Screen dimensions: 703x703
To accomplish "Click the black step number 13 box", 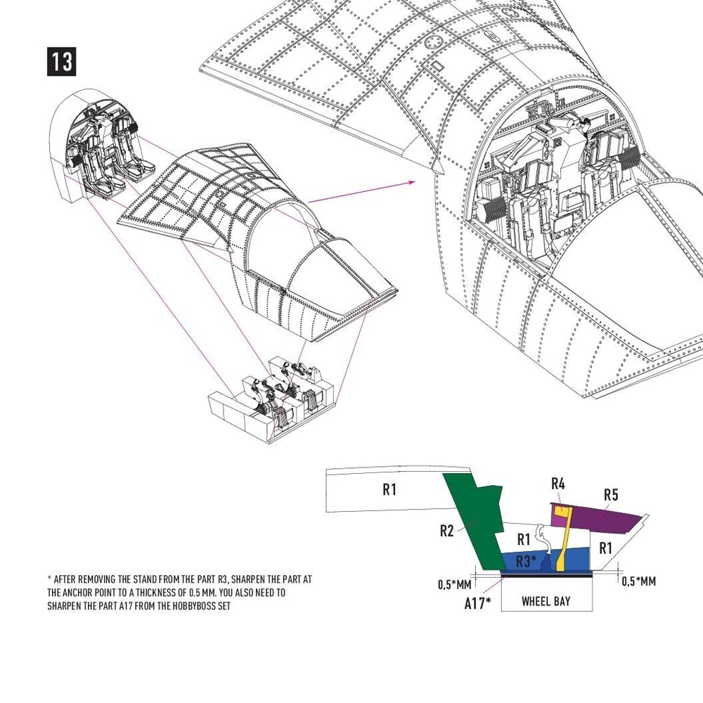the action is [61, 61].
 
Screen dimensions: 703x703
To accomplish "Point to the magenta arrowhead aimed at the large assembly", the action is [411, 182].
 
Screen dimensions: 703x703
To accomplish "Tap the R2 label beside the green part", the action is [446, 531].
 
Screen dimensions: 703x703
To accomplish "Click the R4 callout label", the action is [557, 484].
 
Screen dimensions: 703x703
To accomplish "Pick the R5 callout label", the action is [611, 495].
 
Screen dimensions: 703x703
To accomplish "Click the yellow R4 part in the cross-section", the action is [563, 538].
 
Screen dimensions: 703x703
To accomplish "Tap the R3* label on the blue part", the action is [526, 561].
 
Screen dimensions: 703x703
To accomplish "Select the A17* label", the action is [477, 603].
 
